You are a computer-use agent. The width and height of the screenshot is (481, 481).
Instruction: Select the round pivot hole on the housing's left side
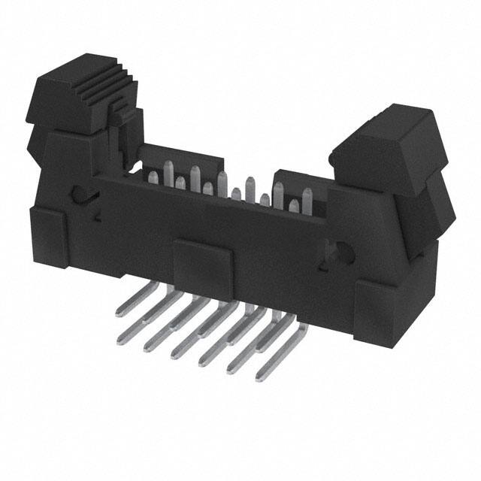click(x=80, y=194)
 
